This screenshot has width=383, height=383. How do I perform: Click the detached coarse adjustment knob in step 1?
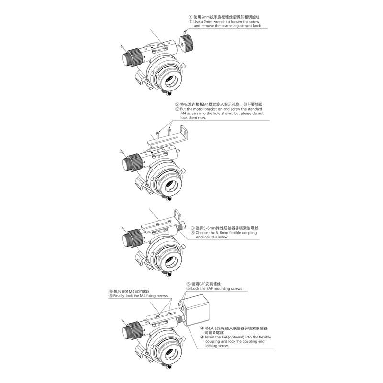[x=187, y=43]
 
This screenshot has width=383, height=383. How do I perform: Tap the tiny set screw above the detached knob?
[x=185, y=32]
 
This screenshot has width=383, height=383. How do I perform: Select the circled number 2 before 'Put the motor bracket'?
[x=177, y=109]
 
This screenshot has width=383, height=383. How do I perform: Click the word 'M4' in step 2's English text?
[x=183, y=113]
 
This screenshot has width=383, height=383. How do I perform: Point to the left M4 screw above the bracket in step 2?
[x=158, y=135]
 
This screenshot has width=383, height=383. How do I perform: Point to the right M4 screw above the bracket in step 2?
[x=169, y=132]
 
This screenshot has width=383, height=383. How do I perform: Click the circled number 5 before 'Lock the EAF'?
[x=188, y=289]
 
